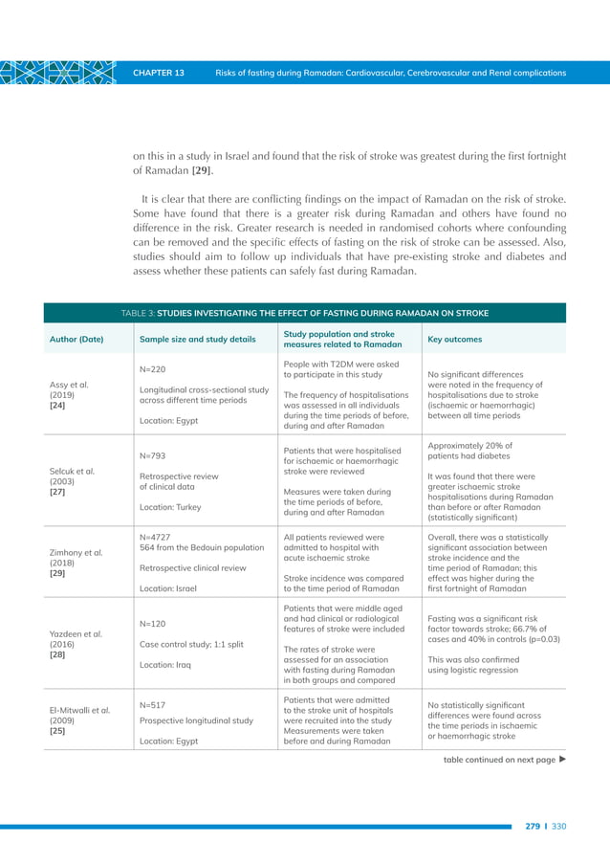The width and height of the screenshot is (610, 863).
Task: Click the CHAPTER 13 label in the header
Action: pyautogui.click(x=159, y=73)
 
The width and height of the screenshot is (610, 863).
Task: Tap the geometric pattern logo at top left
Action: pyautogui.click(x=58, y=73)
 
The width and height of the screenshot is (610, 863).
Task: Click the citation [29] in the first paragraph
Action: pyautogui.click(x=202, y=170)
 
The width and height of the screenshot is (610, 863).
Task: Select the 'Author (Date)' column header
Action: pyautogui.click(x=76, y=339)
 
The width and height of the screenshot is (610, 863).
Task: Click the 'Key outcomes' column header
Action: pyautogui.click(x=454, y=339)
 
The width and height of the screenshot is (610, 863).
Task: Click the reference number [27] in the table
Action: pyautogui.click(x=57, y=493)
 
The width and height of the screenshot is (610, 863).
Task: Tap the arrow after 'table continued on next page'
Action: pyautogui.click(x=562, y=760)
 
